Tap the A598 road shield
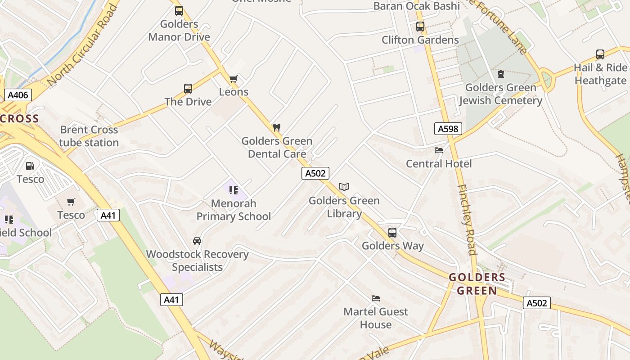click(x=448, y=129)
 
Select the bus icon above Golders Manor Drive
click(x=179, y=11)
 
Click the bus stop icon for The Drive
click(x=188, y=89)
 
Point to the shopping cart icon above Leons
click(x=233, y=79)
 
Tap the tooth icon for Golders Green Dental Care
click(x=277, y=128)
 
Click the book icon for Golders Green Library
click(x=344, y=187)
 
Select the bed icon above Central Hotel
click(x=439, y=150)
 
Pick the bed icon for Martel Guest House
click(x=376, y=298)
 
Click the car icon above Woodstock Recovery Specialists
click(x=197, y=241)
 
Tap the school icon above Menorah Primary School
click(x=233, y=190)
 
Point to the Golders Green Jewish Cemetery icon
click(x=500, y=74)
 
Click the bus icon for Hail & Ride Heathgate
click(x=600, y=54)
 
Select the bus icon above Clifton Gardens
click(x=420, y=27)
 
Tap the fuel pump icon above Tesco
click(x=30, y=166)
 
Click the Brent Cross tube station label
click(x=89, y=136)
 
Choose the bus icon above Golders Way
click(x=392, y=233)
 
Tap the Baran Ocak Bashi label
click(x=417, y=6)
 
